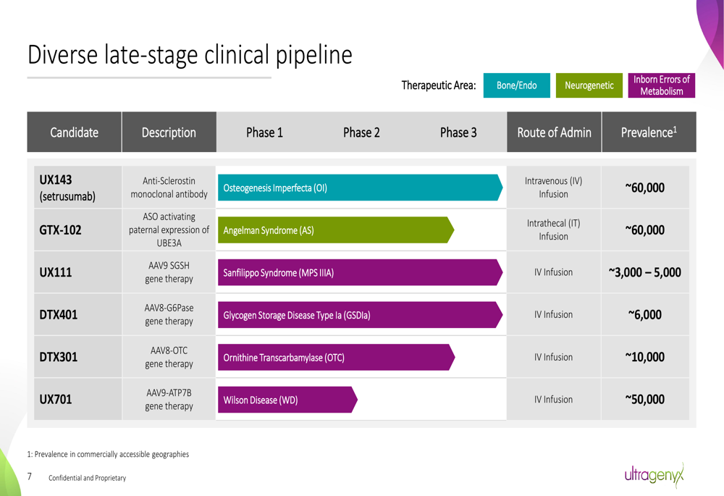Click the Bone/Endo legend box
coord(517,85)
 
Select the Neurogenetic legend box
coord(589,85)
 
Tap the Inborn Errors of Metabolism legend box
coord(661,85)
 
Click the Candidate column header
coord(75,132)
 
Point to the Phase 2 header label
coord(361,133)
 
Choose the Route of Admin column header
coord(554,132)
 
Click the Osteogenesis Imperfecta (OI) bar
coord(360,188)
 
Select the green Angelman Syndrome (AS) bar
coord(336,230)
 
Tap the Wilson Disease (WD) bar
coord(287,400)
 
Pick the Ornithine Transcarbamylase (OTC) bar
coord(337,357)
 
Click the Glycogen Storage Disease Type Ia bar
coord(360,315)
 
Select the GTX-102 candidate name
coord(60,230)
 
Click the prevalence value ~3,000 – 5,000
coord(644,272)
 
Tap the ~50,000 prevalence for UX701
coord(644,400)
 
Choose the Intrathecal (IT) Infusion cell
coord(554,230)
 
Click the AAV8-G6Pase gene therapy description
coord(169,314)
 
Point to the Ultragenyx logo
coord(654,475)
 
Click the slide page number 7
coord(30,476)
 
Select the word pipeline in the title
coord(314,56)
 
